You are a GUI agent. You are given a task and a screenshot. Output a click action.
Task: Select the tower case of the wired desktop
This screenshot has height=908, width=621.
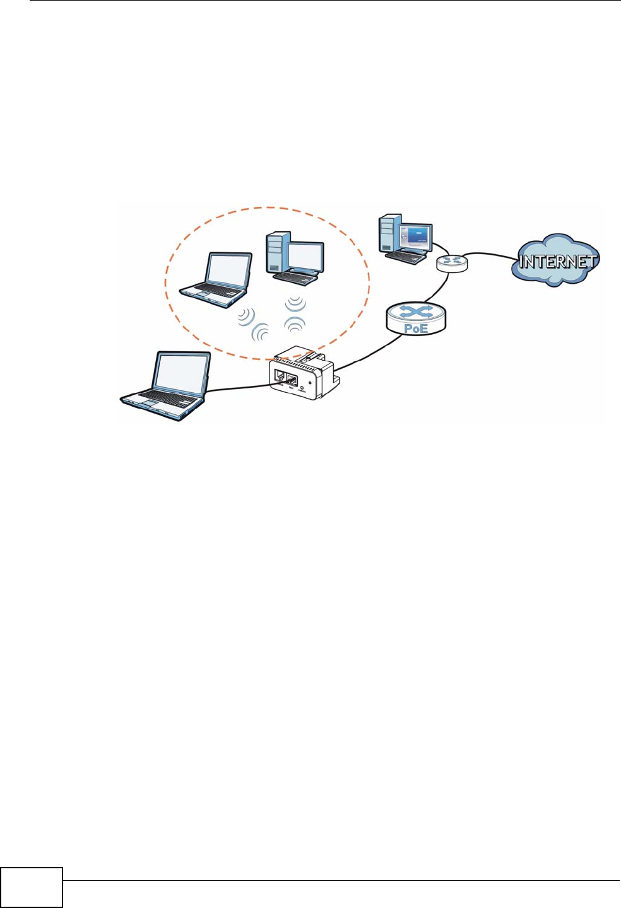[388, 233]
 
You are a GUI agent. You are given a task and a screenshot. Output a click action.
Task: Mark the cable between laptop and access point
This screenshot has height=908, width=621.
[240, 387]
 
